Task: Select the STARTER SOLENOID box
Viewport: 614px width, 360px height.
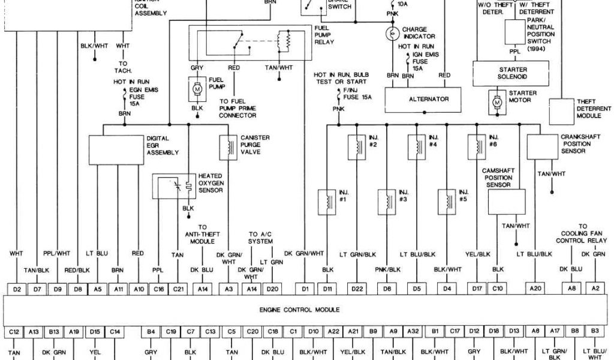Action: pos(509,73)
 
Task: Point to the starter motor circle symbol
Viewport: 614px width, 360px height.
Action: pos(496,103)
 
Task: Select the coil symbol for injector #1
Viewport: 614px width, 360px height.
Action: pos(327,201)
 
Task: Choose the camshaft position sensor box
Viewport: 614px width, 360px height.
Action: pos(507,202)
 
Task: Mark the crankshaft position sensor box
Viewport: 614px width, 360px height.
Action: pos(542,147)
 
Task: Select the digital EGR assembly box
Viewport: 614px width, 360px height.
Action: pos(117,150)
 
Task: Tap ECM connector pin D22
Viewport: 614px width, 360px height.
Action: pos(357,290)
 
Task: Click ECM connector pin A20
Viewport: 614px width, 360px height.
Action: pos(536,290)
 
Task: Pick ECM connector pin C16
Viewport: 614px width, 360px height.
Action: pos(159,290)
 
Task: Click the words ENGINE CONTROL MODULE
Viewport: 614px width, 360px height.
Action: pos(300,310)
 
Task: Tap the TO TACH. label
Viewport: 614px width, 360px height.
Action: pos(123,67)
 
